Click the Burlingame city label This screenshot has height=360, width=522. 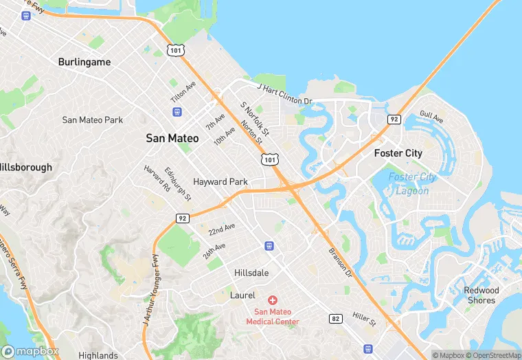pos(84,62)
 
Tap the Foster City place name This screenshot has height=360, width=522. pos(398,153)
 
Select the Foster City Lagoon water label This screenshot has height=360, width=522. pos(412,183)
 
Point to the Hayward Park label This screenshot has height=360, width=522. pos(220,182)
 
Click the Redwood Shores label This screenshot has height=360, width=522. pos(481,295)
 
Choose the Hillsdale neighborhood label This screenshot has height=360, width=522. pos(251,272)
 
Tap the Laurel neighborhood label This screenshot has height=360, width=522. pos(242,295)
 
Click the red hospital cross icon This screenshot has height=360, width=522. pos(273,300)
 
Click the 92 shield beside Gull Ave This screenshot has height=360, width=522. pos(394,119)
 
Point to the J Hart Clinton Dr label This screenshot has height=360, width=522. pos(284,95)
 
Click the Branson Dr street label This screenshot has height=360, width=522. pos(339,262)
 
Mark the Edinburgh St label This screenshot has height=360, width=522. pos(178,183)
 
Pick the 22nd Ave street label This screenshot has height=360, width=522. pos(222,228)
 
